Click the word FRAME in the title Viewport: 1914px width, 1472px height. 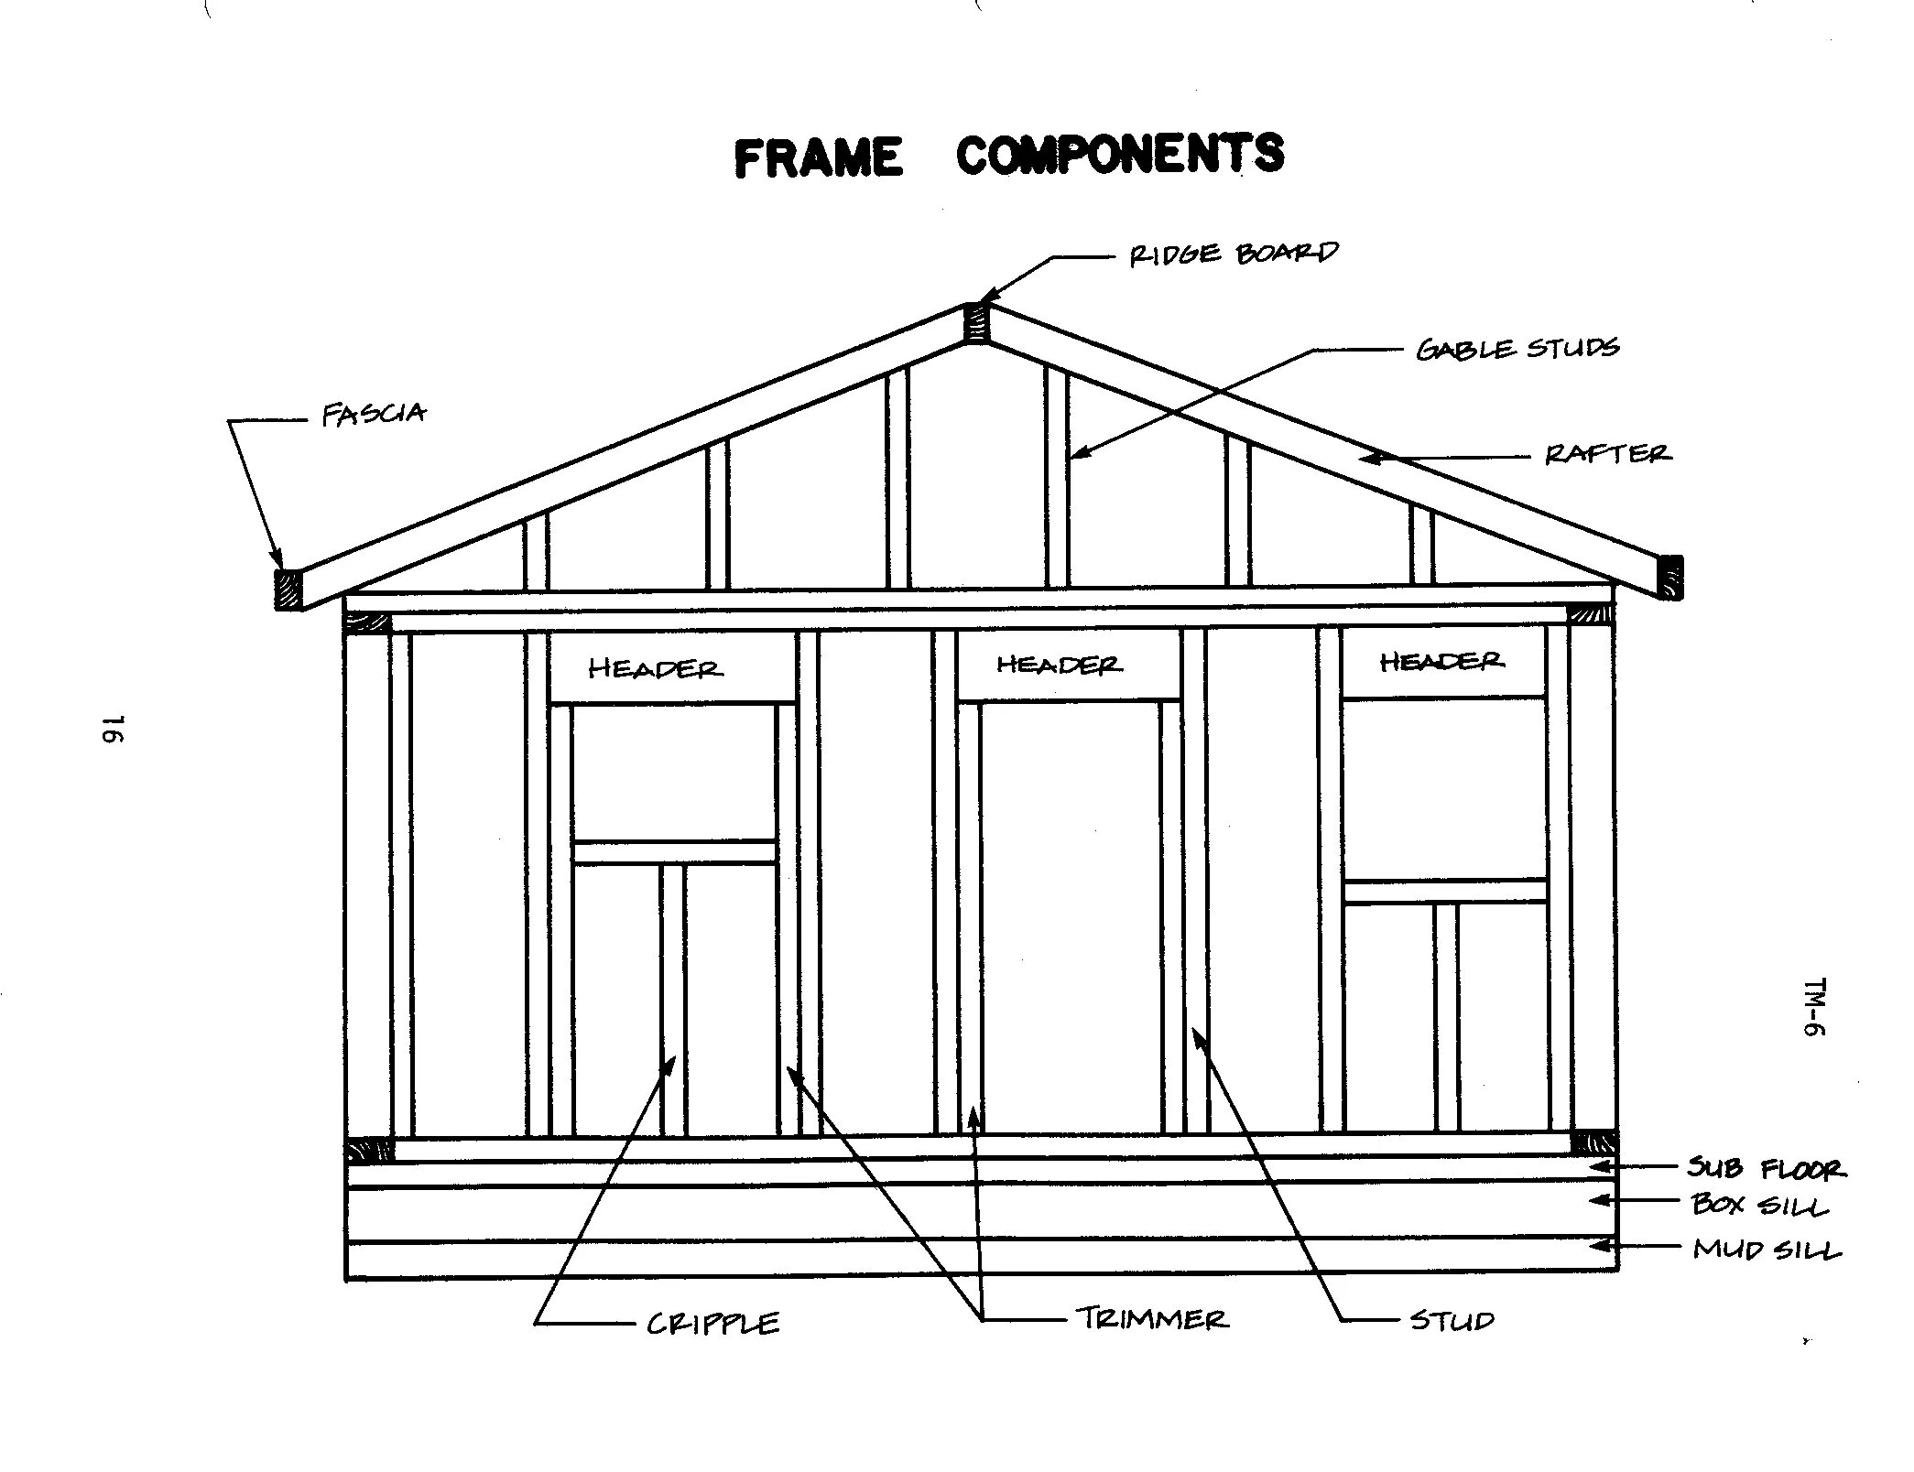tap(818, 157)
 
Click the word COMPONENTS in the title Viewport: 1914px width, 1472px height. tap(1119, 154)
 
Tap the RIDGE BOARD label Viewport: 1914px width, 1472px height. tap(1233, 254)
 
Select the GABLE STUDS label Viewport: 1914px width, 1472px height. tap(1517, 349)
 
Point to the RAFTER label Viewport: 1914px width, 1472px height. tap(1607, 454)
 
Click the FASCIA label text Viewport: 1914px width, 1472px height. tap(374, 415)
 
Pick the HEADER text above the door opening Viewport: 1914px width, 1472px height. tap(1058, 665)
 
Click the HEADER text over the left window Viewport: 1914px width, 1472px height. tap(655, 669)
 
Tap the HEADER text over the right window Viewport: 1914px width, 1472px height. tap(1441, 661)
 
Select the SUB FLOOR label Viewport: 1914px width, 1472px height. tap(1767, 1169)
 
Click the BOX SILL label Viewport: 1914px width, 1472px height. tap(1759, 1205)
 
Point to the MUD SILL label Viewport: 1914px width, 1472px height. tap(1766, 1250)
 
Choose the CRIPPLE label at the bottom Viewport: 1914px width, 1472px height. tap(713, 1324)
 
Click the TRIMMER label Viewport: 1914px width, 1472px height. tap(1151, 1319)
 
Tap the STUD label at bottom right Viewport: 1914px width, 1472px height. tap(1452, 1320)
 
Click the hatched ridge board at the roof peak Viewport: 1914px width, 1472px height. tap(977, 323)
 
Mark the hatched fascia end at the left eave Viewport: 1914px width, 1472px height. tap(288, 589)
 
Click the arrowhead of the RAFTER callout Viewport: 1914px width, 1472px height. tap(1366, 457)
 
